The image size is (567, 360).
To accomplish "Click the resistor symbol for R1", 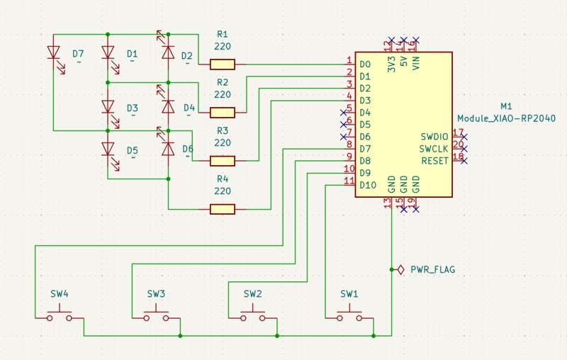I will [x=223, y=64].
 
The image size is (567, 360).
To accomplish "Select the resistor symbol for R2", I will [x=223, y=112].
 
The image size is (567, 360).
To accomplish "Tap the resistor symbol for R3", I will [x=223, y=161].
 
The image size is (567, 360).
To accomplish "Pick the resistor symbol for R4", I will [x=223, y=208].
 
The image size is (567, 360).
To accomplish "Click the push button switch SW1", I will [x=349, y=315].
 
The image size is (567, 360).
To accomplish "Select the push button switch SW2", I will [x=252, y=315].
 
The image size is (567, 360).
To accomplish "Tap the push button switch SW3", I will [x=156, y=315].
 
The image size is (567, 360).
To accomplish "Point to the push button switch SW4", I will [x=60, y=315].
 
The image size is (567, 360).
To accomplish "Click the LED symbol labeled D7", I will [x=53, y=53].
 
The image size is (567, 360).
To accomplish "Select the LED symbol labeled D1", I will [x=108, y=53].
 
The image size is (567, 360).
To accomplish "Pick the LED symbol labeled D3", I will [x=108, y=107].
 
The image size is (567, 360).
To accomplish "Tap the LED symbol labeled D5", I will [x=108, y=149].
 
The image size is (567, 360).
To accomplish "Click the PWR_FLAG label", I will [x=432, y=270].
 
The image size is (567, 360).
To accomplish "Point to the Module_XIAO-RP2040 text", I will [x=506, y=118].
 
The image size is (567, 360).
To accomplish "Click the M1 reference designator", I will [x=506, y=106].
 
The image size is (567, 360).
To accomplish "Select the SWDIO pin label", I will [x=434, y=136].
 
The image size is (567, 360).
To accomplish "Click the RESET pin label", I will [x=435, y=161].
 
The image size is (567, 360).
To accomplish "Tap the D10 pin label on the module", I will [x=367, y=185].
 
